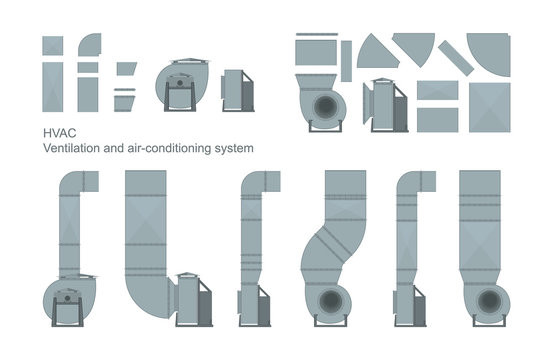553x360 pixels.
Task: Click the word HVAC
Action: tap(56, 131)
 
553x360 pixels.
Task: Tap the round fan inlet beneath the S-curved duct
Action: tap(330, 299)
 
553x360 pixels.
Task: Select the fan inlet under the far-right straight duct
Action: tap(488, 301)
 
